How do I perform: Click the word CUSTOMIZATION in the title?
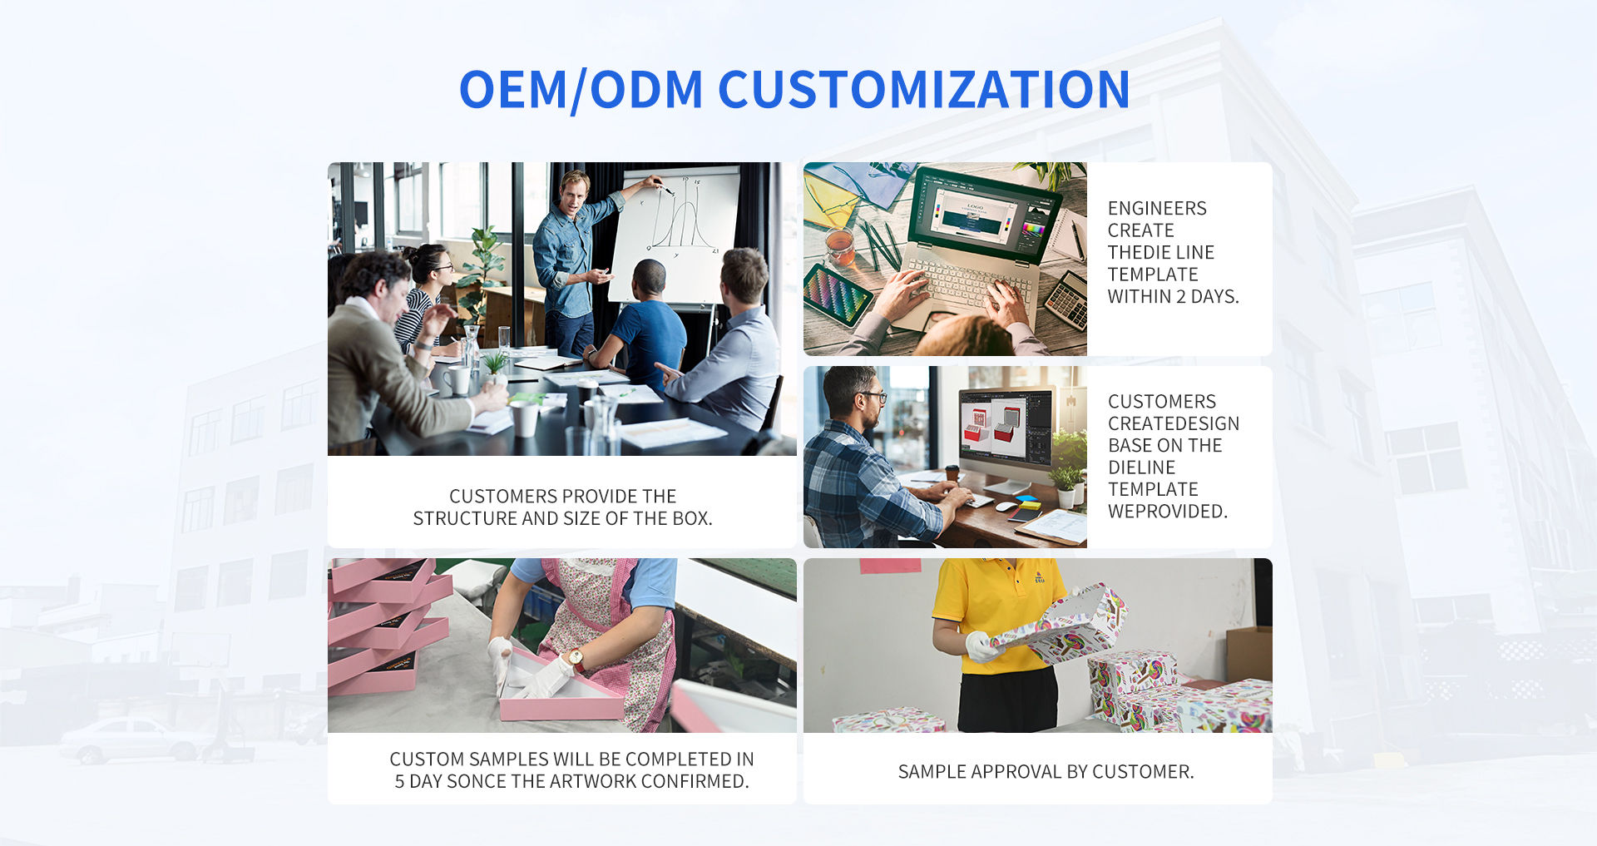[x=923, y=89]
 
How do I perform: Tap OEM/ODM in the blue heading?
[x=581, y=90]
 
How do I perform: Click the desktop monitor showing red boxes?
[x=1005, y=433]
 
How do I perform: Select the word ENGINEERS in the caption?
[x=1157, y=208]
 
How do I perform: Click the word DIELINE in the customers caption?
[x=1141, y=468]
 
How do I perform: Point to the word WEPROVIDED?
[x=1167, y=512]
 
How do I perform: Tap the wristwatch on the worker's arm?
[x=576, y=659]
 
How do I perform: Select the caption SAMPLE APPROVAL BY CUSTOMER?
[x=1046, y=772]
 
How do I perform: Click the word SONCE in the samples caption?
[x=473, y=781]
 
